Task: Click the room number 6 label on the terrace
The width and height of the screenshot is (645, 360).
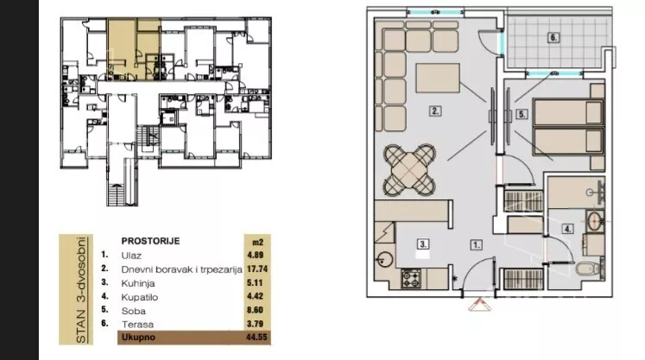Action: (x=553, y=38)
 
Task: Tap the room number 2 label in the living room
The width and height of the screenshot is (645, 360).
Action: (x=435, y=111)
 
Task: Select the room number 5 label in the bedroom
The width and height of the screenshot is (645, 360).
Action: (x=522, y=114)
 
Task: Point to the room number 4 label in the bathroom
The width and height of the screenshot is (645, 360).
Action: (x=568, y=229)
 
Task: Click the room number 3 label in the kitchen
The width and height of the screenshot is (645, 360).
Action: (x=423, y=244)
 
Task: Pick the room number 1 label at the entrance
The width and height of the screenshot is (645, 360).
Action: (x=476, y=245)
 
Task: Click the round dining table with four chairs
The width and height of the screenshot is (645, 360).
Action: (x=409, y=169)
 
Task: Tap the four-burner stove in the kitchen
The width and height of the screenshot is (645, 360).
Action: (x=411, y=278)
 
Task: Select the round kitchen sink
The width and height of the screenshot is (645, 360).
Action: (x=384, y=259)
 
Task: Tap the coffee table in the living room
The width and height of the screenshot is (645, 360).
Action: (x=438, y=78)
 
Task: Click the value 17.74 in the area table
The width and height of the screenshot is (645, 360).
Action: (x=257, y=268)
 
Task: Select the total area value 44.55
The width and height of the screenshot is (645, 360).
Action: (x=256, y=337)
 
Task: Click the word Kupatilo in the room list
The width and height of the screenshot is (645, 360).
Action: (x=140, y=297)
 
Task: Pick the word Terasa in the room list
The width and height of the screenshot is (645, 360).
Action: (x=137, y=325)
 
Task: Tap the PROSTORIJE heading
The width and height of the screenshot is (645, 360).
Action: (x=150, y=241)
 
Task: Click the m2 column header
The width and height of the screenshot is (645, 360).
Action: (x=256, y=242)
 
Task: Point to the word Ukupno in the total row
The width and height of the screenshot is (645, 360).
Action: (x=138, y=337)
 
